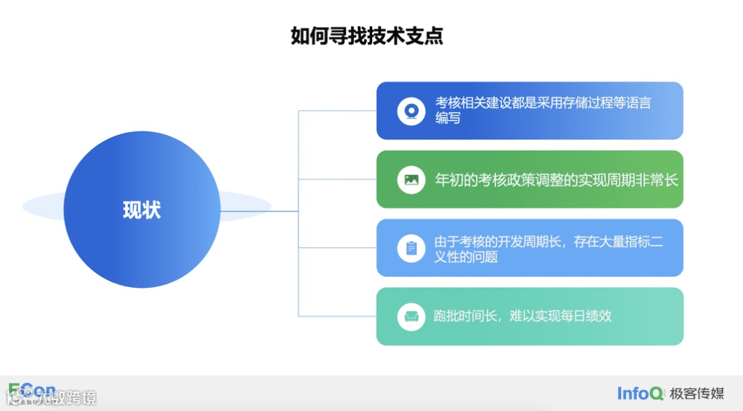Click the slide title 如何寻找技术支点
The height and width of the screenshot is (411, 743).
click(x=367, y=35)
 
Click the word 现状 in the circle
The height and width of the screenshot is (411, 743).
click(x=142, y=210)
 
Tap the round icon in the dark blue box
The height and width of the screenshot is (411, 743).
click(x=411, y=111)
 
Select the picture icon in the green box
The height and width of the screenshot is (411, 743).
click(x=411, y=180)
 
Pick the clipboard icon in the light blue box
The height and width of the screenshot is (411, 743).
click(x=411, y=248)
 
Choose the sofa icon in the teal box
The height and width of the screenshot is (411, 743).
click(x=411, y=317)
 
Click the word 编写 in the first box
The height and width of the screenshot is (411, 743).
click(x=448, y=118)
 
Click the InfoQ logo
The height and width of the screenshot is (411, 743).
click(x=640, y=394)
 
